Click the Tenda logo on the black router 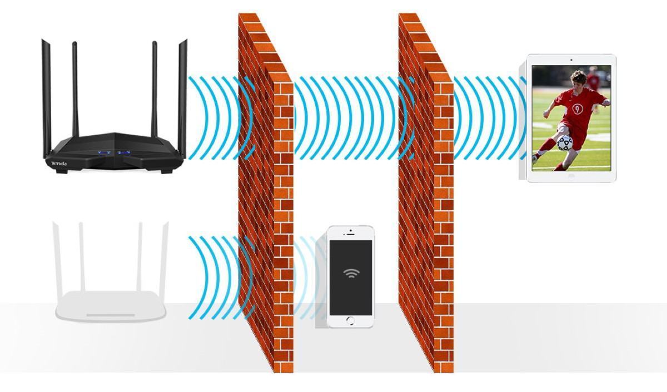59,163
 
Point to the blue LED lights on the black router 113,152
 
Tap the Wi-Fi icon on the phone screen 351,273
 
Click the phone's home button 350,320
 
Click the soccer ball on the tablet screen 564,143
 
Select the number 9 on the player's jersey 578,109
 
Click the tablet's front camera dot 571,59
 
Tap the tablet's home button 571,176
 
